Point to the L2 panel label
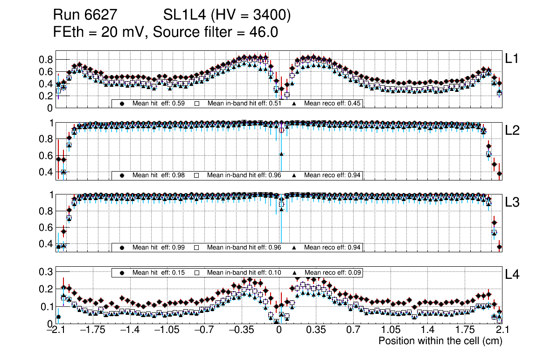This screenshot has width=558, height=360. [x=512, y=131]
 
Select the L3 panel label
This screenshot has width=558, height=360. [x=512, y=202]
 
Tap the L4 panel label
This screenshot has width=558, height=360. [x=512, y=274]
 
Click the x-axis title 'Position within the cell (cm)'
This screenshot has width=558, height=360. [x=440, y=341]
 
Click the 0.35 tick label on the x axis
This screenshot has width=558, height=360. [x=316, y=331]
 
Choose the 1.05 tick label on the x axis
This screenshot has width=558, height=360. [x=391, y=331]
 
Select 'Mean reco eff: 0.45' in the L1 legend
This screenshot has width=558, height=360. [x=332, y=104]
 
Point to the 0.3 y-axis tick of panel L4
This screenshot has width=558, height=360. [x=47, y=271]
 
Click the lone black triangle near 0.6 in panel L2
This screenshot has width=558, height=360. [x=281, y=154]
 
